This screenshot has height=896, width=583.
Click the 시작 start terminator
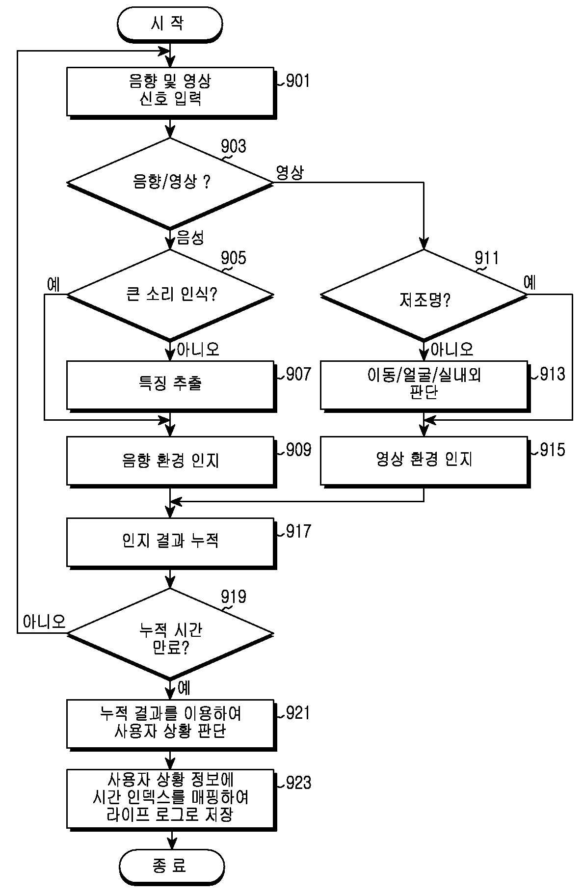pyautogui.click(x=170, y=24)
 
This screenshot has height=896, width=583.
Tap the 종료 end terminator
pyautogui.click(x=171, y=867)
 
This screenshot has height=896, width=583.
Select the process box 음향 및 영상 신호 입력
pyautogui.click(x=171, y=92)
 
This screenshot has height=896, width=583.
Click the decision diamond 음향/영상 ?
pyautogui.click(x=170, y=183)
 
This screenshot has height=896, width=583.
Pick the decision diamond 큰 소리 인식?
pyautogui.click(x=170, y=295)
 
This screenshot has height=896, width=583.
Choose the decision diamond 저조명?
pyautogui.click(x=424, y=295)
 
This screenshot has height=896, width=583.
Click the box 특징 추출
pyautogui.click(x=171, y=386)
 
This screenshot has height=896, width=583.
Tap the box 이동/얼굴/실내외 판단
pyautogui.click(x=425, y=386)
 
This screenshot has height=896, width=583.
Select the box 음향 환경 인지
pyautogui.click(x=171, y=462)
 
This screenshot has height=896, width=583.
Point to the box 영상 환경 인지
pyautogui.click(x=425, y=462)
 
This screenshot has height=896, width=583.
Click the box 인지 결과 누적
pyautogui.click(x=171, y=543)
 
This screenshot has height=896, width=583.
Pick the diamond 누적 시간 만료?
pyautogui.click(x=170, y=634)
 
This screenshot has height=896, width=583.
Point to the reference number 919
pyautogui.click(x=234, y=597)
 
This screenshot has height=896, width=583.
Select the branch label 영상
pyautogui.click(x=290, y=172)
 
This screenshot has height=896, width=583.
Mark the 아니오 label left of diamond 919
pyautogui.click(x=44, y=622)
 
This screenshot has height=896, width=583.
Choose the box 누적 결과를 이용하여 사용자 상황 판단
pyautogui.click(x=171, y=725)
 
